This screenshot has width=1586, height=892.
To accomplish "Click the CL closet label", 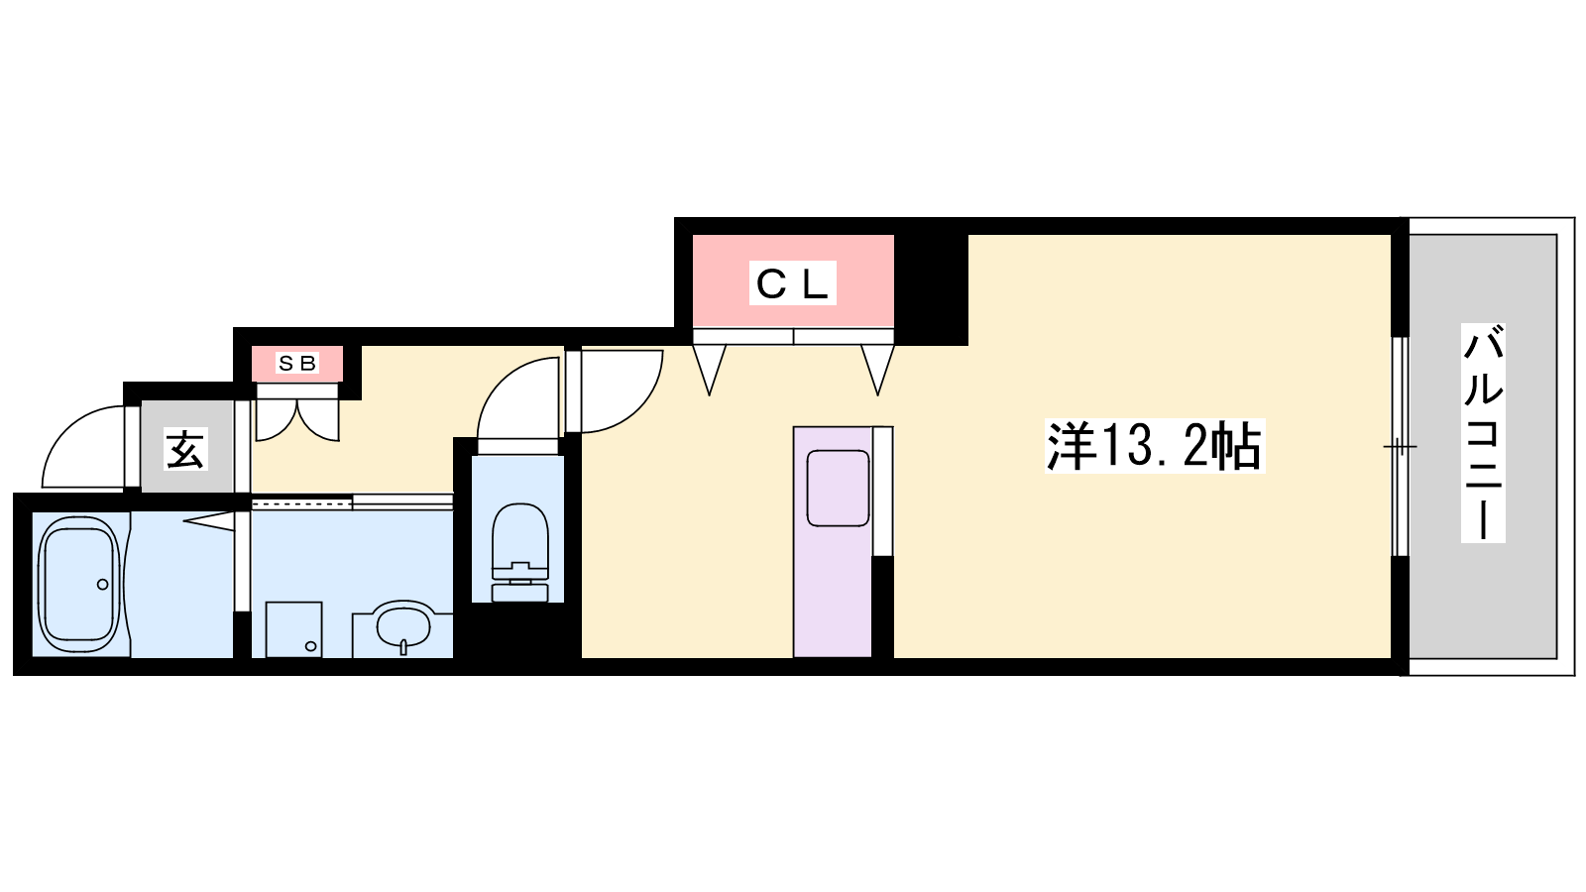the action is coord(793,283).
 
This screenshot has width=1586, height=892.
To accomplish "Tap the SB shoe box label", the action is coord(297,363).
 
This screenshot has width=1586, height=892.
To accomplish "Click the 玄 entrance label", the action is coord(185,450).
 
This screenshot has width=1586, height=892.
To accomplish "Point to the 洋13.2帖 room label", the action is coord(1155,446).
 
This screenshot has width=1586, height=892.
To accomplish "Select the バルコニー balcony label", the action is coord(1483,432).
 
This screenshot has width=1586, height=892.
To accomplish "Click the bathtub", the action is coord(78,584).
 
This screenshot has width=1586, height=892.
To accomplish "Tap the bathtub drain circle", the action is coord(103,585).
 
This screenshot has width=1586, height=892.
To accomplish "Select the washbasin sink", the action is coord(402,627).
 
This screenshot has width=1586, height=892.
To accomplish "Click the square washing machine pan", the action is coord(293,630).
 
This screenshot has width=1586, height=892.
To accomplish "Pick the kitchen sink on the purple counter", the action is coord(838,489).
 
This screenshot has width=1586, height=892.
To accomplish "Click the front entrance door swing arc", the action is coord(83,447).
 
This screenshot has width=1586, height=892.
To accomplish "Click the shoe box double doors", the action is coord(297,420).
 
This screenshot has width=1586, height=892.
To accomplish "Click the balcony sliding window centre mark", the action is coord(1400,447).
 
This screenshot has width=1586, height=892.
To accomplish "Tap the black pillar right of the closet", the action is coord(931,289).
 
